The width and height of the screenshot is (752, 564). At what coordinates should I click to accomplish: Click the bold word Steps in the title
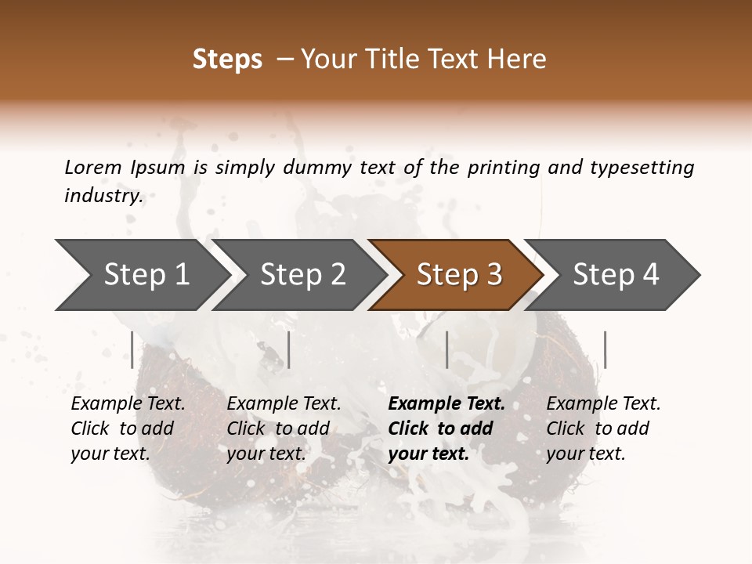point(227,60)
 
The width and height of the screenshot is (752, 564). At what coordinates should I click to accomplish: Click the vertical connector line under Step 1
point(132,349)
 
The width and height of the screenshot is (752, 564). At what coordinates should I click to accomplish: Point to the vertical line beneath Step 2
point(289,349)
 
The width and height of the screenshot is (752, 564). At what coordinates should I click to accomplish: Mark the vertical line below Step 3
point(447,349)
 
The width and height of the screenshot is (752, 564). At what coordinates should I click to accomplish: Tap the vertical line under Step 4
point(605,349)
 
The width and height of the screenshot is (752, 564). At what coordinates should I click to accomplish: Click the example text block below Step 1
point(128,428)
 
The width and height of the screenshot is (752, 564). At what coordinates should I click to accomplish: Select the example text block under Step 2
point(284,428)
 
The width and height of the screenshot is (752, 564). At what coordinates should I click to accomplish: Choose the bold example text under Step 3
point(446,428)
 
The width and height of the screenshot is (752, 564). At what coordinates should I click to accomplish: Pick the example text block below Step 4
point(603,428)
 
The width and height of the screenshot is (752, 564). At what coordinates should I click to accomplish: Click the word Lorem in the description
point(92,167)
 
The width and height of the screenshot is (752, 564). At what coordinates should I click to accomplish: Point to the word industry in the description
point(103,196)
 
